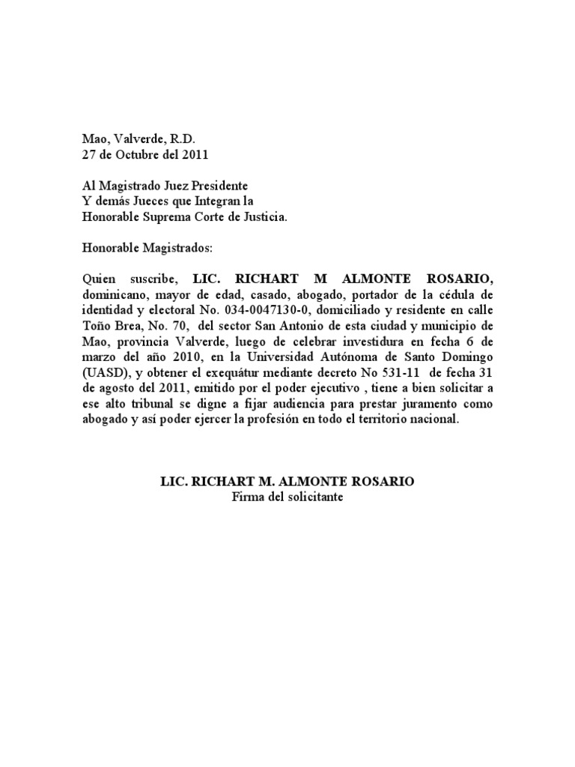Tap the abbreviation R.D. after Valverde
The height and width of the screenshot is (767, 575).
pos(180,140)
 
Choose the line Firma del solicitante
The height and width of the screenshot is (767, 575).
pos(287,497)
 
